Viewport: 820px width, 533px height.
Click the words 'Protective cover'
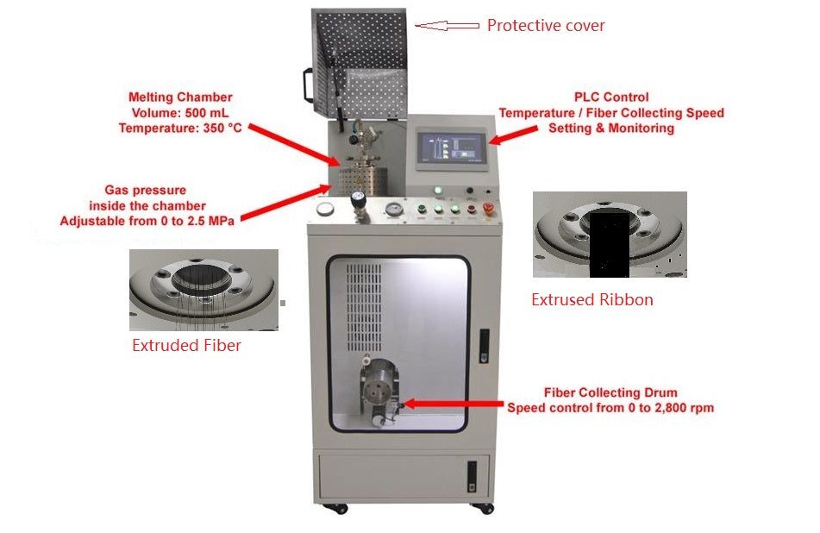click(x=546, y=26)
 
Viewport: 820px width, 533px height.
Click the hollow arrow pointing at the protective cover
click(x=447, y=26)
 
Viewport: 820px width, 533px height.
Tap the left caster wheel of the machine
click(x=329, y=508)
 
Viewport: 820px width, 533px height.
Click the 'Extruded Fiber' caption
click(x=185, y=346)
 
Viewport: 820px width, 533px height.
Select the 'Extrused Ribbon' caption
click(x=592, y=300)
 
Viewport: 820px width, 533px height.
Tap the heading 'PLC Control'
click(x=611, y=97)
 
